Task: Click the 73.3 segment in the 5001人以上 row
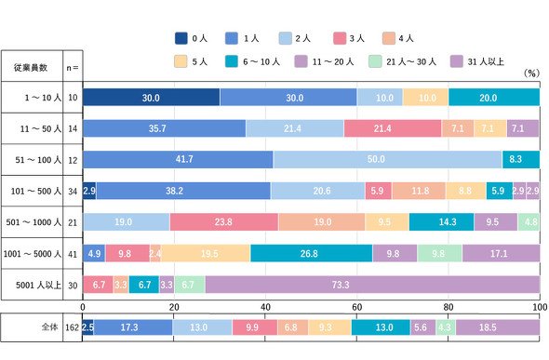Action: (372, 285)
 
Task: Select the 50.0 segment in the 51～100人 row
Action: (388, 159)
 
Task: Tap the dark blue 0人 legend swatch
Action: (181, 38)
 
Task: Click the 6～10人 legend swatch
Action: (232, 61)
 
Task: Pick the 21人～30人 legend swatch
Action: (375, 61)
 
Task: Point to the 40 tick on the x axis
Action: (265, 307)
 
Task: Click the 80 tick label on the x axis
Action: (449, 307)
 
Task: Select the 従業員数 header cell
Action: (31, 67)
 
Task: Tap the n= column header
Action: (73, 68)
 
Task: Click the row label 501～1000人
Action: (33, 222)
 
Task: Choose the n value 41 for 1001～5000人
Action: (73, 254)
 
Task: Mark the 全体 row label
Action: (49, 327)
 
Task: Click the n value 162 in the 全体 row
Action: (73, 327)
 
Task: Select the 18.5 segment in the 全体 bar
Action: (498, 327)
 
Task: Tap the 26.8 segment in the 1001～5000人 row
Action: (312, 253)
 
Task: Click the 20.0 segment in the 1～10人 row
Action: (494, 98)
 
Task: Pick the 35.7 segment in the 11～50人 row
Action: (165, 128)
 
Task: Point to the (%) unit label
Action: (531, 73)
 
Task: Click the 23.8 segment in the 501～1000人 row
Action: (224, 222)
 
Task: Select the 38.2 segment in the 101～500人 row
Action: (183, 191)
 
